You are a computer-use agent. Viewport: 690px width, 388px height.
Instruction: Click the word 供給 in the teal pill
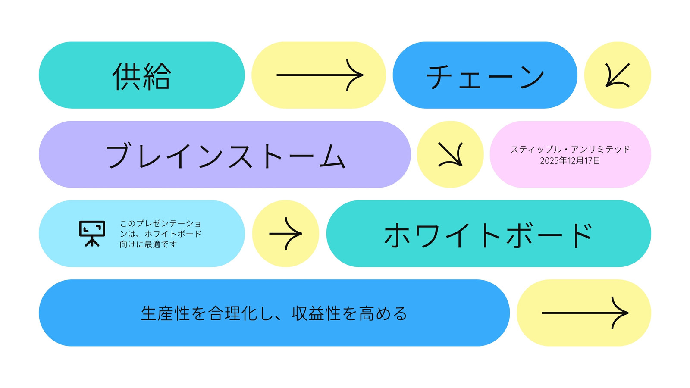(142, 76)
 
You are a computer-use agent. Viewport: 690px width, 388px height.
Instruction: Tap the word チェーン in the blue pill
(485, 77)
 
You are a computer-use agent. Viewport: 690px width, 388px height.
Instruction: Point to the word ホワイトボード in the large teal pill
(488, 235)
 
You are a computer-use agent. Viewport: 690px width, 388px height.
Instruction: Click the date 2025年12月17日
(570, 161)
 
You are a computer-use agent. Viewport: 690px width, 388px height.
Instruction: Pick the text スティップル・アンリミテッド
(570, 150)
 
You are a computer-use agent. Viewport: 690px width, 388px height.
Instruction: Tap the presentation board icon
(92, 234)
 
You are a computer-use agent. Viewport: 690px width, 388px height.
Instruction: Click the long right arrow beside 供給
(320, 75)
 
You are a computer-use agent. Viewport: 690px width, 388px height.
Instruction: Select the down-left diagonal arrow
(618, 75)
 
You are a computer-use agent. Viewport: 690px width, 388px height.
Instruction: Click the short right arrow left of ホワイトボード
(285, 234)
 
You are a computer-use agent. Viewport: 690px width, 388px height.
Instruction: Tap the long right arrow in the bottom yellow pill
(585, 313)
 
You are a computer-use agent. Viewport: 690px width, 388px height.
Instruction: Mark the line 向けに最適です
(148, 244)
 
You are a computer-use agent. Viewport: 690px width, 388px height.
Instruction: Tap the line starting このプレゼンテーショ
(160, 223)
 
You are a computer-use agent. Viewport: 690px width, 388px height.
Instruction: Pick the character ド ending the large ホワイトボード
(583, 235)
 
